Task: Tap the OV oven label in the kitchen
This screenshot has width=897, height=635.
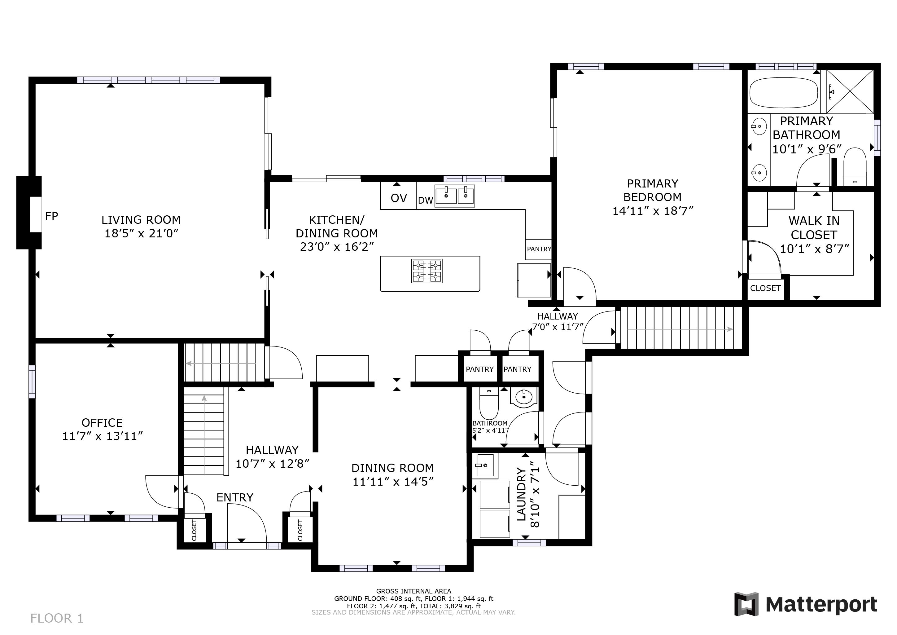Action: click(x=399, y=198)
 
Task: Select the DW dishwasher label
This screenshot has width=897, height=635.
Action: click(x=426, y=201)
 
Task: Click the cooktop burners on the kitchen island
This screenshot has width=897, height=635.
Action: click(x=427, y=271)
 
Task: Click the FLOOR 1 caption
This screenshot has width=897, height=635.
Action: click(x=57, y=618)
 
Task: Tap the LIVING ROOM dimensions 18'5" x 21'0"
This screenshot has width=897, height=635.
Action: click(x=142, y=233)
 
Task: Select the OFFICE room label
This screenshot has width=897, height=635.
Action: click(x=102, y=423)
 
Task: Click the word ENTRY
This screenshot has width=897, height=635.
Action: click(x=235, y=497)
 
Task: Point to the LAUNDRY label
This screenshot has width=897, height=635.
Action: click(x=522, y=495)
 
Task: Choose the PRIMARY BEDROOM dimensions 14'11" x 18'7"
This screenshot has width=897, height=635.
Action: click(x=653, y=211)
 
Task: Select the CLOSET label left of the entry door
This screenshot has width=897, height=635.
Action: click(x=194, y=530)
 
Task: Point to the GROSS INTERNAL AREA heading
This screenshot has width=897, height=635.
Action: click(x=414, y=591)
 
